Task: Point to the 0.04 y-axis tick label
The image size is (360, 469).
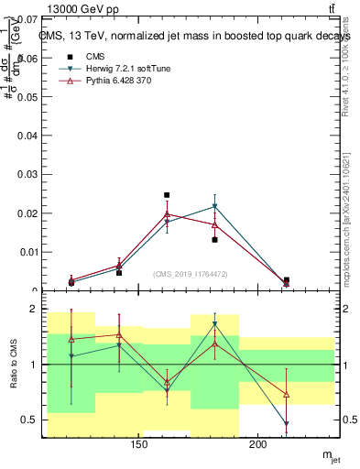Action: (25, 136)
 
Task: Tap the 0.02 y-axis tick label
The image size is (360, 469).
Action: (25, 213)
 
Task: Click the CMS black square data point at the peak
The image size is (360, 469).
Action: (167, 195)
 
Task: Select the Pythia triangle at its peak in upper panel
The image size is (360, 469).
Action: (167, 214)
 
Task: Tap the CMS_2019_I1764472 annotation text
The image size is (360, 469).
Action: (191, 273)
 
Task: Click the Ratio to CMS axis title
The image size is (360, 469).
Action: (14, 364)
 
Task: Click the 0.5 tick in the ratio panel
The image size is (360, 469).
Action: (27, 420)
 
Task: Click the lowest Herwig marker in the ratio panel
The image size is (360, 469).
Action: (286, 424)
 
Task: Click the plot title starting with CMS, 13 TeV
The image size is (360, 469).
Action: (194, 37)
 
